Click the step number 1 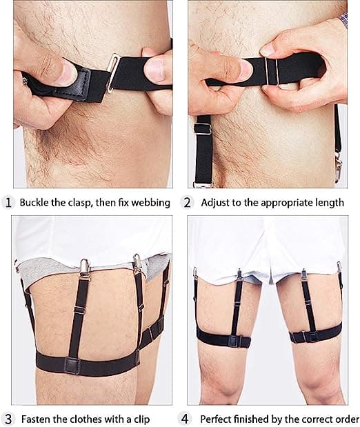click(x=8, y=203)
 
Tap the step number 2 click(x=187, y=203)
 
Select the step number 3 click(x=9, y=419)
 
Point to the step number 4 click(x=185, y=419)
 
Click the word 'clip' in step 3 click(x=141, y=419)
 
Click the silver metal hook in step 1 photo click(x=112, y=72)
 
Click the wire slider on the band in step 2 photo click(x=271, y=71)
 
